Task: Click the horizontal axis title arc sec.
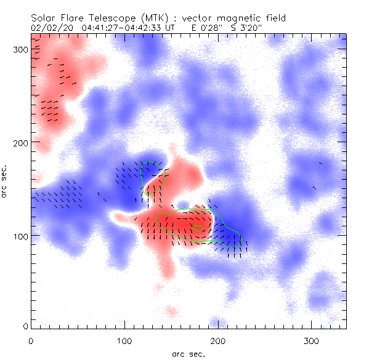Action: click(x=188, y=353)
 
